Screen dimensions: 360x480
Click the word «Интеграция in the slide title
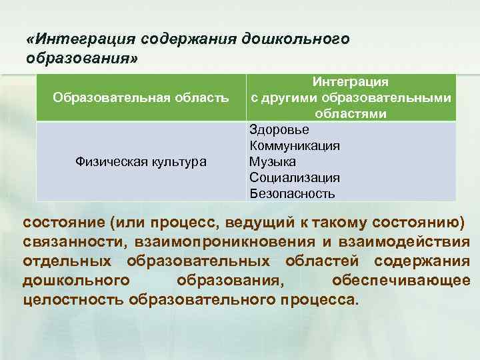[73, 39]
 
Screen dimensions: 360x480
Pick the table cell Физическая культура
[141, 162]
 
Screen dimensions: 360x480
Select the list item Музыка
[273, 162]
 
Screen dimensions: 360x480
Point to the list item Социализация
[295, 178]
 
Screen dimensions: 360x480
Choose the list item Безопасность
[293, 194]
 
